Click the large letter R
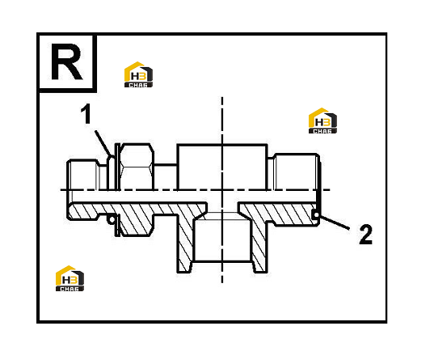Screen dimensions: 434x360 (x=67, y=61)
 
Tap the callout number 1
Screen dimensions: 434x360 (x=86, y=113)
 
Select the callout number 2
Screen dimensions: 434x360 (x=366, y=234)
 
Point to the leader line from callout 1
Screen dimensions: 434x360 (x=103, y=143)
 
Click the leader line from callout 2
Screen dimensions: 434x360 (x=334, y=222)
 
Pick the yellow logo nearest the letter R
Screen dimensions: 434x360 (x=138, y=74)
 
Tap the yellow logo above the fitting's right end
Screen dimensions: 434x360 (x=322, y=121)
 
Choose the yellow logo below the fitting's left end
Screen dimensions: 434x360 (x=70, y=278)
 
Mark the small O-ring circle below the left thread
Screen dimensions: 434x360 (x=112, y=220)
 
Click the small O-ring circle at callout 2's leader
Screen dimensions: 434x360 (x=316, y=214)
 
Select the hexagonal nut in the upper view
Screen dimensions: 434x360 (x=136, y=167)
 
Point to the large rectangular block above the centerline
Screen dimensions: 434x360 (x=222, y=167)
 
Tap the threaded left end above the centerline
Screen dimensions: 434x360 (x=83, y=176)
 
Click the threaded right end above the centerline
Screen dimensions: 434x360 (x=297, y=172)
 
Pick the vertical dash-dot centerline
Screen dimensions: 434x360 (x=222, y=190)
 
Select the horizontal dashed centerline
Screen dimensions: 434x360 (x=195, y=190)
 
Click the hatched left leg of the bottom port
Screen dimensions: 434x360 (x=185, y=244)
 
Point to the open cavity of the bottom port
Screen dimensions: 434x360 (x=222, y=239)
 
